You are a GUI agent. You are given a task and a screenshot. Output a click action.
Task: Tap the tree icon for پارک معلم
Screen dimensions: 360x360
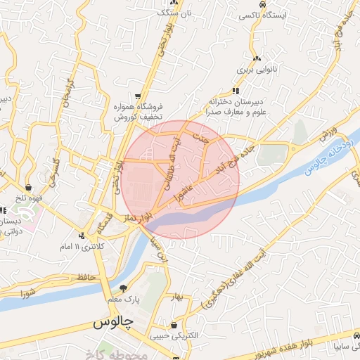(x=124, y=288)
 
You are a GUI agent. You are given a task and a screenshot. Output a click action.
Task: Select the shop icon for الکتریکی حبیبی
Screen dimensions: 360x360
(x=174, y=325)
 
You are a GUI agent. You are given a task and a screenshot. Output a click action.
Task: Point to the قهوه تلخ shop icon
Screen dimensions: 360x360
(x=28, y=188)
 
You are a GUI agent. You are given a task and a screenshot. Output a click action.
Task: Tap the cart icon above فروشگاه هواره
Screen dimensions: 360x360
(x=138, y=96)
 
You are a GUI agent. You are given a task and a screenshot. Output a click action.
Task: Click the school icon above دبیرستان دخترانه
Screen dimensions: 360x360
(x=235, y=91)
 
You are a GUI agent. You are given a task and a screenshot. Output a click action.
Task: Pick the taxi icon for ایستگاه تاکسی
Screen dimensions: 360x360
(x=262, y=4)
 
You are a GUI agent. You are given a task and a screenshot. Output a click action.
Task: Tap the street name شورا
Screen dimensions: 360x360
(x=28, y=292)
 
